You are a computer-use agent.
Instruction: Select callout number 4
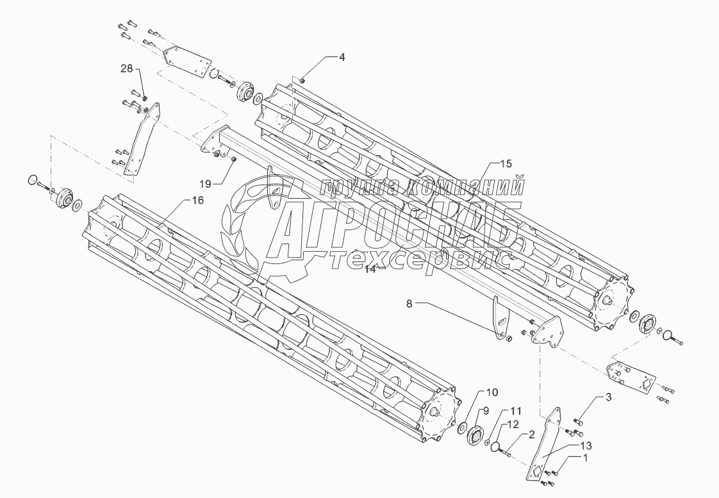click(342, 57)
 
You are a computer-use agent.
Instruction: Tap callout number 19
click(204, 183)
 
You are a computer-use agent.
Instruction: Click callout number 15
click(506, 164)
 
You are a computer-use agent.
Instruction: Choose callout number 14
click(370, 270)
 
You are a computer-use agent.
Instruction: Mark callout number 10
click(491, 392)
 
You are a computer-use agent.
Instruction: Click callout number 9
click(486, 411)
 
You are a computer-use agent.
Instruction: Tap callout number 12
click(514, 424)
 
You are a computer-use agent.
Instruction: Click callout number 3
click(609, 398)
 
